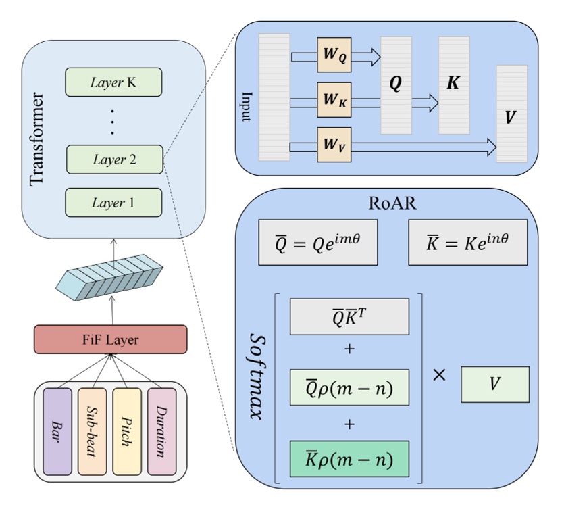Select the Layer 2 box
coord(114,160)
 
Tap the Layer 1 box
coord(113,202)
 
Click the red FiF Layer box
coord(110,339)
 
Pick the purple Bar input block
coord(57,431)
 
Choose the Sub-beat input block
coord(92,431)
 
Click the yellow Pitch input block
coord(127,431)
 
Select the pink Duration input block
coord(162,431)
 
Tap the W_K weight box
coord(334,101)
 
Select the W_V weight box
coord(334,144)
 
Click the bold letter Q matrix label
coord(396,84)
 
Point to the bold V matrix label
coord(511,116)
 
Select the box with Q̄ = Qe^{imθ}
coord(317,241)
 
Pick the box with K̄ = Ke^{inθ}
coord(467,241)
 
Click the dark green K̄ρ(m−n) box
coord(349,461)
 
